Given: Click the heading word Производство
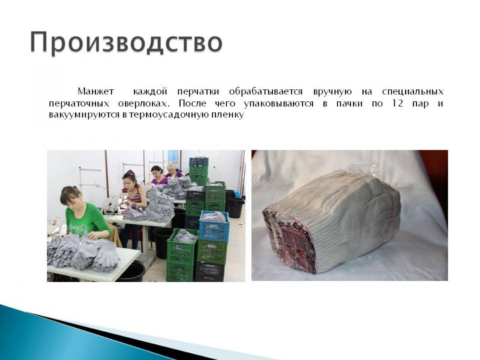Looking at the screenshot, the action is (126, 43).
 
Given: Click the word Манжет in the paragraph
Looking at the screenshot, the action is (96, 92).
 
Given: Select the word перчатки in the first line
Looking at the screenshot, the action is (198, 92).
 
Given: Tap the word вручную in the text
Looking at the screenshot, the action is (332, 92).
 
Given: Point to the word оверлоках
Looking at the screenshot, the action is (143, 103).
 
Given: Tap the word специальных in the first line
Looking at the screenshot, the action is (413, 92).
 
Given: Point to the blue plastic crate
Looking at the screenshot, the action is (214, 226).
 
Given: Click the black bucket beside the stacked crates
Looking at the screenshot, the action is (235, 208).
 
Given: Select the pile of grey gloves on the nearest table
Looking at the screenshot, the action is (83, 253).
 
